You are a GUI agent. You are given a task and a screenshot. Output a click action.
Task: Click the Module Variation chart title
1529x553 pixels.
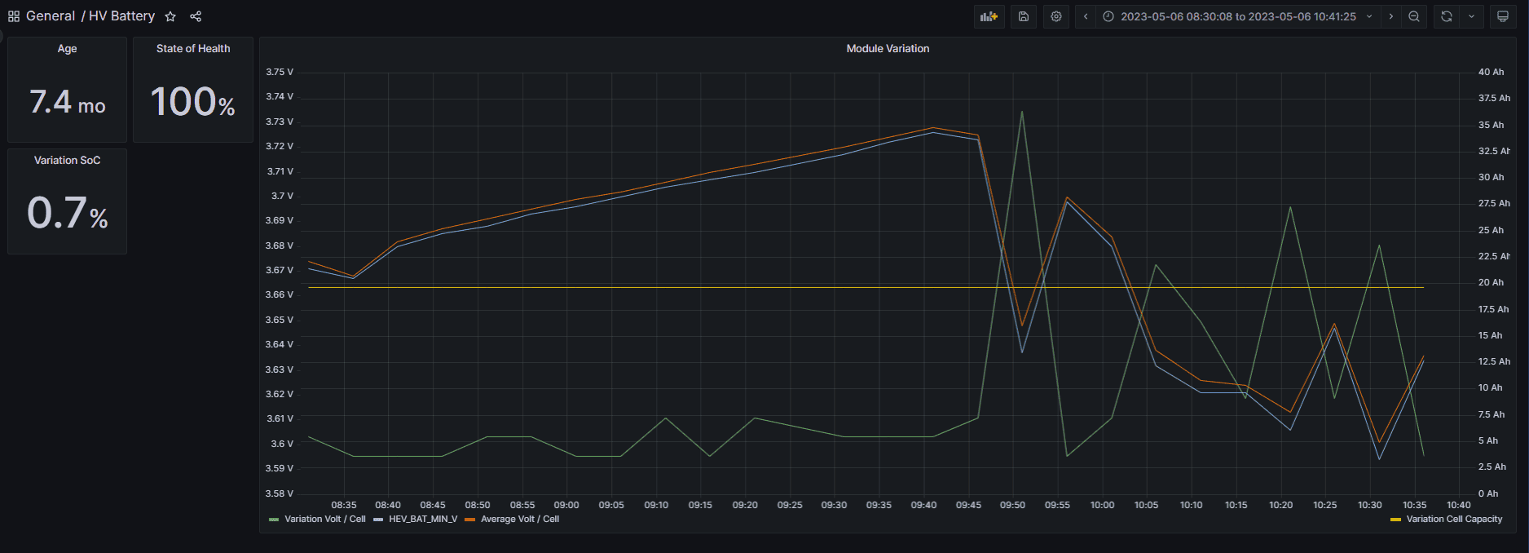[888, 49]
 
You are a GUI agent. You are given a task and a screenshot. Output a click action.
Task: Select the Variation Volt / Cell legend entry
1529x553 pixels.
[324, 520]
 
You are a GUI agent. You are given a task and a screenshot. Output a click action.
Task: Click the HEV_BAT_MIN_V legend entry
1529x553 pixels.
[422, 520]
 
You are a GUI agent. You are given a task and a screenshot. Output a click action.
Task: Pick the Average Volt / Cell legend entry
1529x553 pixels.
[519, 520]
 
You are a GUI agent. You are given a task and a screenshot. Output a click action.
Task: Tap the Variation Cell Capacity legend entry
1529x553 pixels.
[1453, 520]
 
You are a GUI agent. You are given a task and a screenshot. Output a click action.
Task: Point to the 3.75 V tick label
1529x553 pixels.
[280, 73]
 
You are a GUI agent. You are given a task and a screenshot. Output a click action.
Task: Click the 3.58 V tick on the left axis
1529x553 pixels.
[280, 493]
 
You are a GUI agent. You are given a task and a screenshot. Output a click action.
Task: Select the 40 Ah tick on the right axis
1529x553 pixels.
[1491, 73]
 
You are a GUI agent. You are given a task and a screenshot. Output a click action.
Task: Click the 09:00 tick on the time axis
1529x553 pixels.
[566, 506]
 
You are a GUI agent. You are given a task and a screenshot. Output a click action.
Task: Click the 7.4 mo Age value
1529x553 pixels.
[68, 103]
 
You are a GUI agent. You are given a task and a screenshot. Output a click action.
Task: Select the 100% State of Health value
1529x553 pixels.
[193, 103]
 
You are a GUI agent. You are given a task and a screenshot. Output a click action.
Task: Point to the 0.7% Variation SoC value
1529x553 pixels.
[68, 214]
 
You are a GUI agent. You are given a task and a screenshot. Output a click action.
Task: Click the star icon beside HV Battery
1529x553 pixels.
[170, 16]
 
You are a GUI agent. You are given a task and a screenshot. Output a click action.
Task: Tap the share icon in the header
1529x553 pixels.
[196, 16]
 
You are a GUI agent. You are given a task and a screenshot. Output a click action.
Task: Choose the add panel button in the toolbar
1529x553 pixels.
[989, 16]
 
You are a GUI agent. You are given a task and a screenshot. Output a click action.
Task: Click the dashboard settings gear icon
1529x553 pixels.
[1056, 16]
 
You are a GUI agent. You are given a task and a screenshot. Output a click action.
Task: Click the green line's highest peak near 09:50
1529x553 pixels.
[1022, 112]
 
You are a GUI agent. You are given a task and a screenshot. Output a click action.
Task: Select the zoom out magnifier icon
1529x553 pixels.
[1414, 16]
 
